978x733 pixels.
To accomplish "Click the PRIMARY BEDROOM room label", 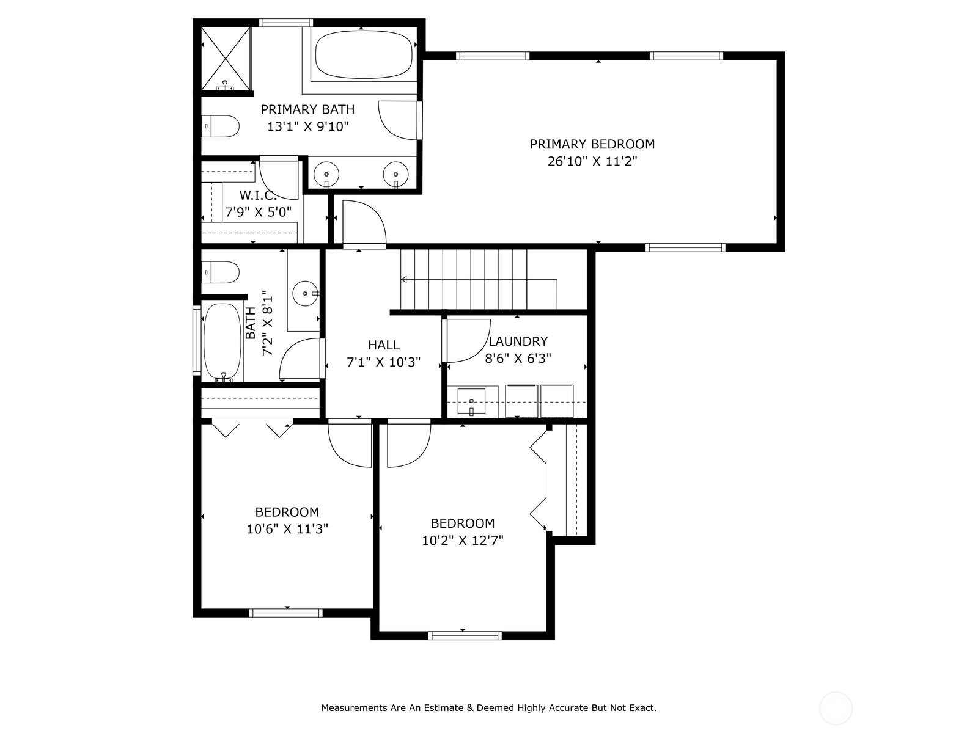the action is tap(592, 144).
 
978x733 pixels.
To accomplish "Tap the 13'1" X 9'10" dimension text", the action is tap(307, 127).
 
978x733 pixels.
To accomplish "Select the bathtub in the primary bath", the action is tap(364, 54).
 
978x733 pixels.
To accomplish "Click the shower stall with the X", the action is tap(226, 59).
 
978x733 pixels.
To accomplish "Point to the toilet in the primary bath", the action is tap(221, 126).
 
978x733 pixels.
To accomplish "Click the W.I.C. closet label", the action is tap(257, 195).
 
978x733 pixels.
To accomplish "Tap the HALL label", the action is tap(384, 345).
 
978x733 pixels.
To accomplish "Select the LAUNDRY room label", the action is tap(518, 341).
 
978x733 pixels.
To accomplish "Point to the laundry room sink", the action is tap(471, 401).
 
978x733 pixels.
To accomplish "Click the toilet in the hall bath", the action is tap(221, 272).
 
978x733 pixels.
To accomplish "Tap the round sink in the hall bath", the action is tap(306, 294).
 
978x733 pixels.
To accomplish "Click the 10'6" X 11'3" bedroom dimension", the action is tap(287, 529).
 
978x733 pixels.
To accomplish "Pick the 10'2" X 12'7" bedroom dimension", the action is tap(463, 541).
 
